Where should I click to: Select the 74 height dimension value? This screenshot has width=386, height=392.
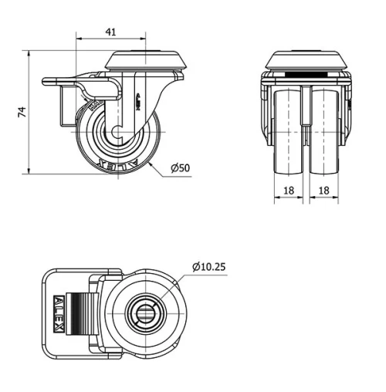(24, 113)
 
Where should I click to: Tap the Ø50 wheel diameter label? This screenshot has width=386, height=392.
(180, 167)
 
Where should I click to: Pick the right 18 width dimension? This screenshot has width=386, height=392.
(324, 189)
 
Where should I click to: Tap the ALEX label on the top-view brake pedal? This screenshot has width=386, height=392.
(59, 315)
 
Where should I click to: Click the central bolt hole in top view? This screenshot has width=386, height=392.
(147, 314)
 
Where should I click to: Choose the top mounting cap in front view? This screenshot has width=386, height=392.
(306, 60)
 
